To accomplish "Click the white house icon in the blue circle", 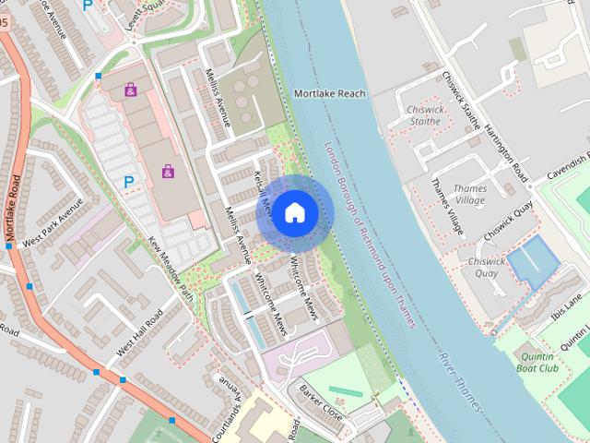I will point(294,212).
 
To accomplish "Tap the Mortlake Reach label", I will point(329,93).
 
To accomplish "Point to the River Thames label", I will point(460,380).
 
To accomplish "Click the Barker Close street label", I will point(321,402).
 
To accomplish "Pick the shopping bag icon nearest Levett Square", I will point(131,90).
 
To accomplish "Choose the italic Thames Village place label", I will point(470,194).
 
